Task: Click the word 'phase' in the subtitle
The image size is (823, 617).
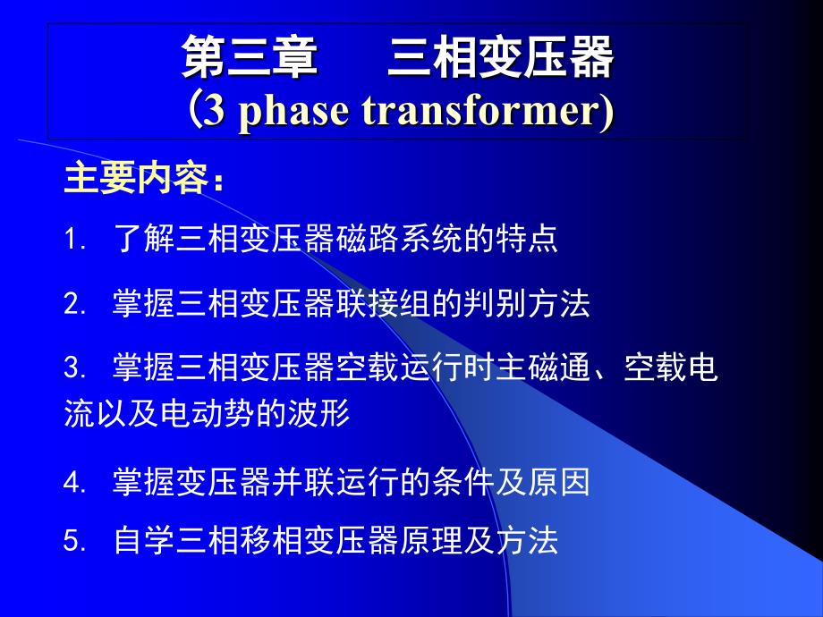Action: pos(293,112)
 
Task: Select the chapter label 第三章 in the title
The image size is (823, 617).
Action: pos(250,57)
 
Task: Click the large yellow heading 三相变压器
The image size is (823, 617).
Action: pos(501,57)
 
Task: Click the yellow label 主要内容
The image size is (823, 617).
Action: pos(137,179)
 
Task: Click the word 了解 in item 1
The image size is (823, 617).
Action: pos(144,239)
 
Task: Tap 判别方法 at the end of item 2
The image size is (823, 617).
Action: pos(527,303)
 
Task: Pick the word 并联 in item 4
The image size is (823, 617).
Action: pos(303,482)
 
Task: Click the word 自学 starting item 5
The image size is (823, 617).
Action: pos(144,540)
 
